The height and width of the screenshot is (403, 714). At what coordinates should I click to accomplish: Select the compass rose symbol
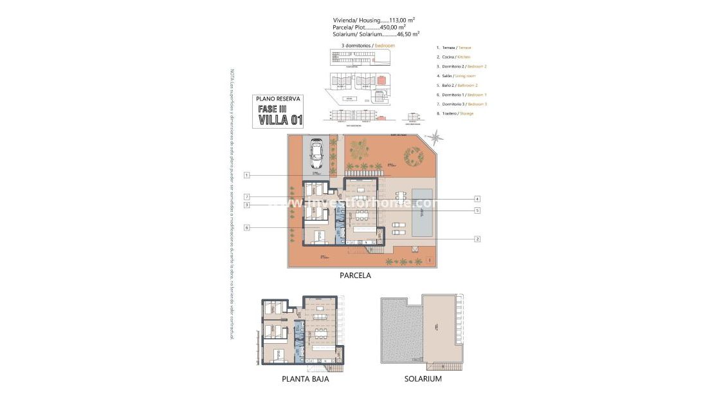pos(437,136)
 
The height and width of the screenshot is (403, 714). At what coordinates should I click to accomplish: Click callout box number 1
pos(246,175)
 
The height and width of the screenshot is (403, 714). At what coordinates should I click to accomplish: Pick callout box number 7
pos(246,196)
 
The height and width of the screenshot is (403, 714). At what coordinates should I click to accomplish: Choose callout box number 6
pos(246,227)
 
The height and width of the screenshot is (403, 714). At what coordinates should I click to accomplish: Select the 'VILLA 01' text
pos(279,119)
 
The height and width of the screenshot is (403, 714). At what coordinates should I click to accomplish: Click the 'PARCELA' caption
pos(355,275)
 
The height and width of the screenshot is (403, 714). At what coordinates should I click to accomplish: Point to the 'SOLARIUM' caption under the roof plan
pos(423,379)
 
